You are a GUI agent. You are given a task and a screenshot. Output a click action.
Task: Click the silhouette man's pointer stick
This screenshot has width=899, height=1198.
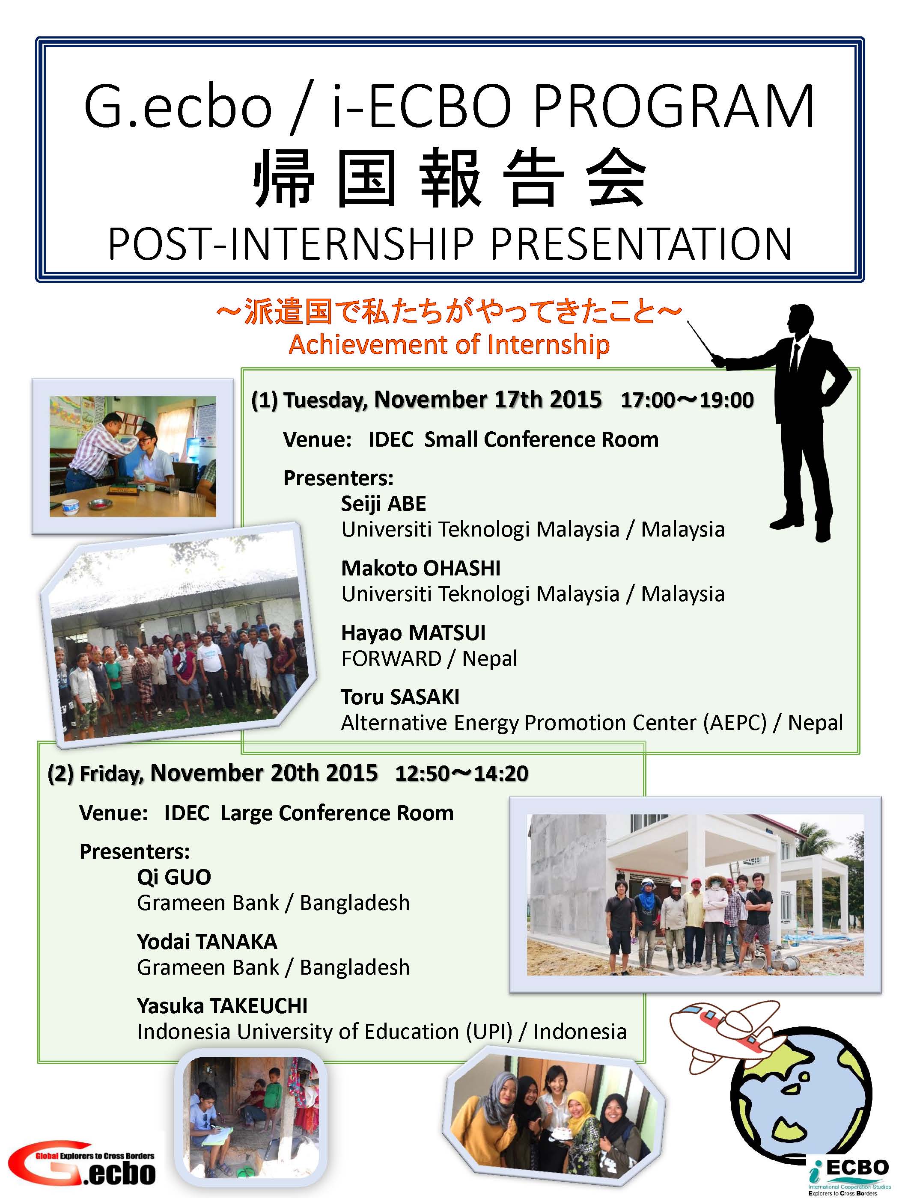click(x=701, y=340)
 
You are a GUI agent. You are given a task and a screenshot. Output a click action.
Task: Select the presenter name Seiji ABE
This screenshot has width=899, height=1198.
click(x=383, y=504)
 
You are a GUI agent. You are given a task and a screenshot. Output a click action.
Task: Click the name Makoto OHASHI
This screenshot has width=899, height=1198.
click(x=420, y=568)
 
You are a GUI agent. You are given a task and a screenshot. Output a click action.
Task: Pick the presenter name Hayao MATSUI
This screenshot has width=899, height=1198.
click(x=413, y=632)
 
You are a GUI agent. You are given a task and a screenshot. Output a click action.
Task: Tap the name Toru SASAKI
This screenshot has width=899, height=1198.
click(x=400, y=697)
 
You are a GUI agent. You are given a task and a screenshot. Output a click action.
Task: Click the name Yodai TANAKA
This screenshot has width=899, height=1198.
click(x=207, y=941)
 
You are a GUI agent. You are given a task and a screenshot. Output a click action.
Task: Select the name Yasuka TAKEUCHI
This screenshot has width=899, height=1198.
click(x=222, y=1006)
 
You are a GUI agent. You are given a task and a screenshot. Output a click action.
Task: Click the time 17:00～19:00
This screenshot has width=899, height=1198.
click(x=687, y=400)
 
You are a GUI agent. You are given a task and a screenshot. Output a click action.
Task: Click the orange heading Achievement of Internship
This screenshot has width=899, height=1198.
click(x=449, y=344)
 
